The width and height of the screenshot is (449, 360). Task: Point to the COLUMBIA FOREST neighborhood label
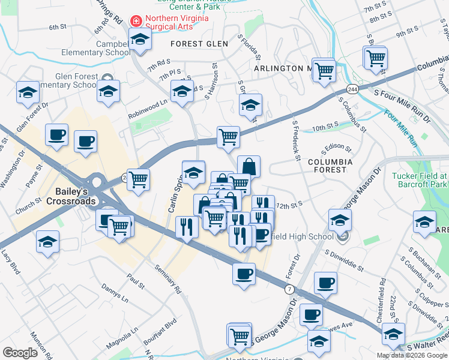click(328, 166)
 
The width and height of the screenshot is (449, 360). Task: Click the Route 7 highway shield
click(290, 290)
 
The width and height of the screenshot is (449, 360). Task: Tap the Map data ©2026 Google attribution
click(411, 355)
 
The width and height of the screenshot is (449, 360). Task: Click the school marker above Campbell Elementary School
click(140, 40)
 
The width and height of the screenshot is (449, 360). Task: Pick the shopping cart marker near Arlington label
click(324, 70)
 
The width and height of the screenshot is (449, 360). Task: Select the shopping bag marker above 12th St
click(249, 166)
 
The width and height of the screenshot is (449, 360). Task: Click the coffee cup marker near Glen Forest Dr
click(57, 135)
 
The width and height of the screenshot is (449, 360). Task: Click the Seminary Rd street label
click(167, 279)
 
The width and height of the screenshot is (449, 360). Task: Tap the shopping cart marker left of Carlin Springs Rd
click(138, 178)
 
